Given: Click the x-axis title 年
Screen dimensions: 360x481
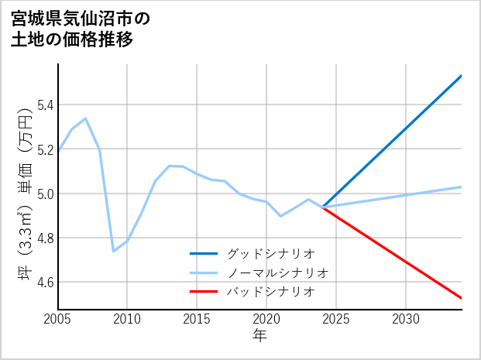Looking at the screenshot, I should point(259,336).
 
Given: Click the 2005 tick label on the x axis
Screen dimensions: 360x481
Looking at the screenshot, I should point(58,319).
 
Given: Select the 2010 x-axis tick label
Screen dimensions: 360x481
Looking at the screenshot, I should point(127,319).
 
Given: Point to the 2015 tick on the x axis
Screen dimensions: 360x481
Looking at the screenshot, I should point(197,319).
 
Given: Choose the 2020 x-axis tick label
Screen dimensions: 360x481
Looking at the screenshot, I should point(266,319).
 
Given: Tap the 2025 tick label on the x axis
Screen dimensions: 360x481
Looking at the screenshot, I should point(336,319).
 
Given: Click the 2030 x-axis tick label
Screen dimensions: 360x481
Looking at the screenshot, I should point(406,319).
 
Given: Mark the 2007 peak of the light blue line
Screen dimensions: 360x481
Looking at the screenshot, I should point(85,118).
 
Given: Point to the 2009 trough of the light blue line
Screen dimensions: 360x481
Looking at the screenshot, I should point(114,251).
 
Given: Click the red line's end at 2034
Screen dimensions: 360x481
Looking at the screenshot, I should point(461,297).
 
